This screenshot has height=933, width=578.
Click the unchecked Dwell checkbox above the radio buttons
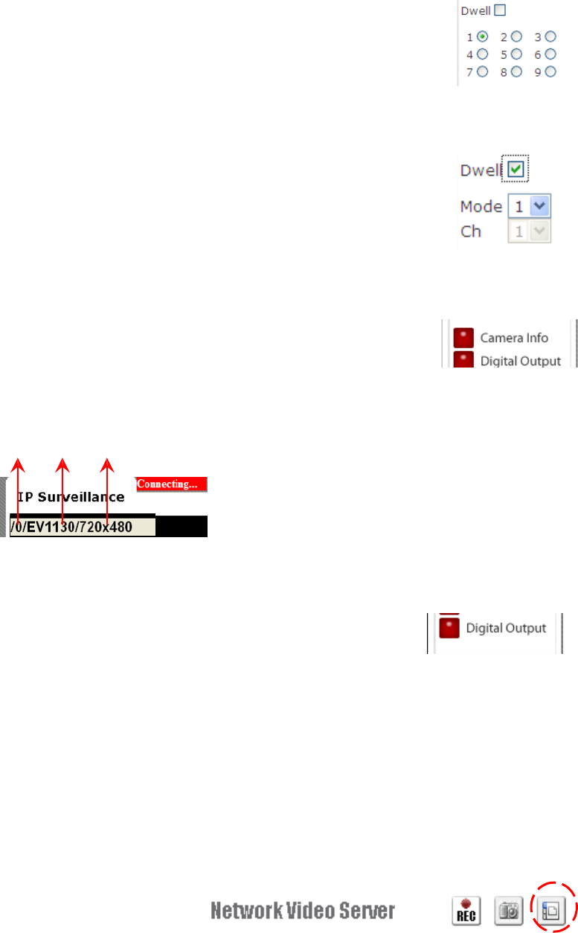tap(500, 10)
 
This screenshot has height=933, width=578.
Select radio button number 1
tap(483, 36)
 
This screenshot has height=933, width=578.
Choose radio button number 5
tap(516, 54)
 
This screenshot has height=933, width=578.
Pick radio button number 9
tap(550, 72)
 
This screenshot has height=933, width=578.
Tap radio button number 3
tap(550, 36)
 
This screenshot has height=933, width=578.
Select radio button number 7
tap(483, 72)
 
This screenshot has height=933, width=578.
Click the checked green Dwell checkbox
tap(516, 170)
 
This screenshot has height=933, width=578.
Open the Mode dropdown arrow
tap(541, 206)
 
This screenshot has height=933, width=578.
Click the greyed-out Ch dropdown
tap(529, 231)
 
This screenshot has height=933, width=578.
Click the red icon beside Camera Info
tap(463, 338)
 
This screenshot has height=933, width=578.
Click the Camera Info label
tap(514, 338)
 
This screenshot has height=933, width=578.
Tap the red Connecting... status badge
tap(171, 484)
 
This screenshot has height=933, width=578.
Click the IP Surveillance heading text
tap(71, 497)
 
